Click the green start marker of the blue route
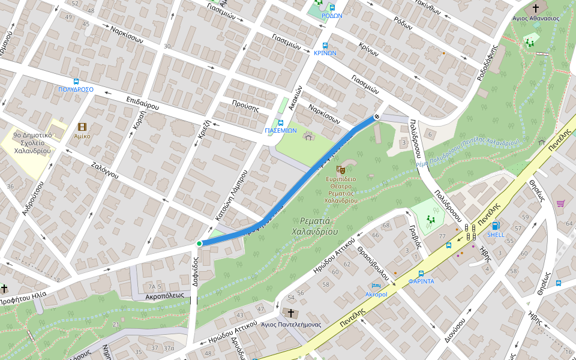199,244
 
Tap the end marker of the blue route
377,116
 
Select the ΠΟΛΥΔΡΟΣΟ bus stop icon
76,82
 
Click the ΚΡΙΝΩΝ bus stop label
325,53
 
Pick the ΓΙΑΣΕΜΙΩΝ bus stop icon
281,122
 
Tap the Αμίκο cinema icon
82,127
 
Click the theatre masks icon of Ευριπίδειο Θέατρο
341,170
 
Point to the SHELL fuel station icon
496,226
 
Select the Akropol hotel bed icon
376,286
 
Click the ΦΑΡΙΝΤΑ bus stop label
421,281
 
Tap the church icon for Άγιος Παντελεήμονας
291,313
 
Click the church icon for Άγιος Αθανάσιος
535,8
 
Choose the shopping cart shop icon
560,204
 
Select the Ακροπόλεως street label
164,296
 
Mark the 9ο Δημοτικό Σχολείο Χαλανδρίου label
32,143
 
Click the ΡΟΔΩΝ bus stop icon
332,7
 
